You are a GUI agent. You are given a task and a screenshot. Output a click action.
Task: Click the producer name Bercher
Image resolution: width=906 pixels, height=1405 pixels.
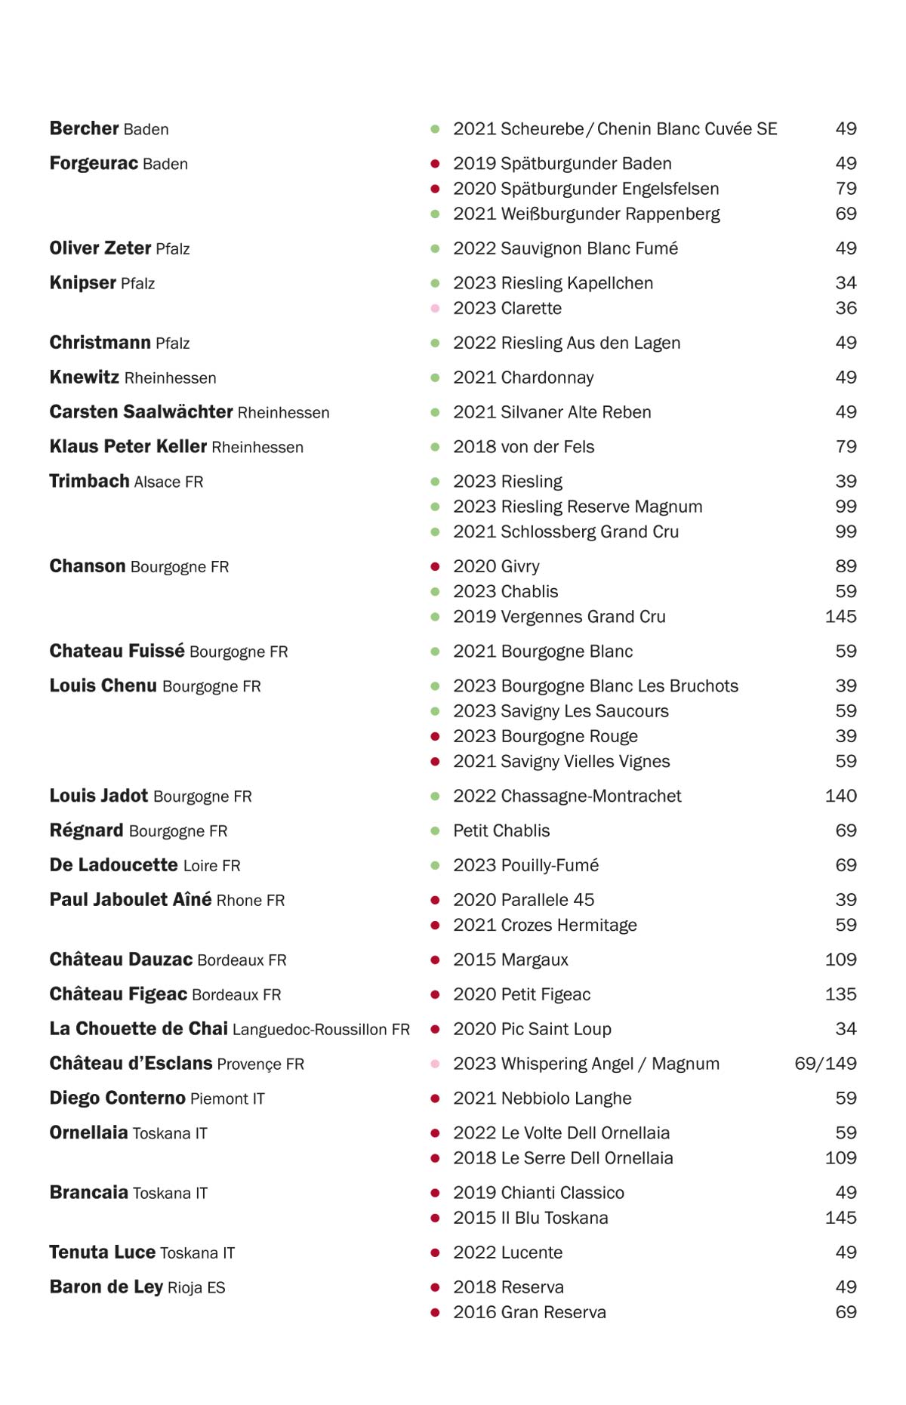pyautogui.click(x=84, y=129)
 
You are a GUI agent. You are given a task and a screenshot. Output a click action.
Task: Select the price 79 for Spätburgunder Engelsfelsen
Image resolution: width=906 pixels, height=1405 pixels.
pyautogui.click(x=846, y=189)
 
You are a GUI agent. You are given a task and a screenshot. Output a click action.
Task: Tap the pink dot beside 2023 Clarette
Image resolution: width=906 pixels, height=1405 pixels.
pyautogui.click(x=435, y=309)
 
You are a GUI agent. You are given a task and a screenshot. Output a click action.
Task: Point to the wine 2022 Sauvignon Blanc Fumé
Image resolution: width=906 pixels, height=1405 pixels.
pyautogui.click(x=565, y=248)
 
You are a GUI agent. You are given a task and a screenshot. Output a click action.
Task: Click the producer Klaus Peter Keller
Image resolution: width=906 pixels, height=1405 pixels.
pyautogui.click(x=128, y=447)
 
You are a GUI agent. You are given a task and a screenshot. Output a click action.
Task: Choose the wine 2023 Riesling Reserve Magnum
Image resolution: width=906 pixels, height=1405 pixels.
pyautogui.click(x=577, y=507)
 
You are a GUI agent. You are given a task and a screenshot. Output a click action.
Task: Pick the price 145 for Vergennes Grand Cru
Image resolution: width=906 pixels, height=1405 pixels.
pyautogui.click(x=840, y=617)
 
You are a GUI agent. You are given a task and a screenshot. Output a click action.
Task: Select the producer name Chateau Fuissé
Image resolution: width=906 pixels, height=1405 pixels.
pyautogui.click(x=117, y=652)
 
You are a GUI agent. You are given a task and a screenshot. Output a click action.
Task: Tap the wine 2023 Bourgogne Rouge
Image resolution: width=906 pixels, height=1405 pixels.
pyautogui.click(x=545, y=736)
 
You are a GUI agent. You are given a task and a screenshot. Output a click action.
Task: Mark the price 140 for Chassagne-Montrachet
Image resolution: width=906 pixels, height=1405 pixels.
pyautogui.click(x=840, y=796)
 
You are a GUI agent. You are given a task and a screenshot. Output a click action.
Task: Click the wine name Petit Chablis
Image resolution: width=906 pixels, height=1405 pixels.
pyautogui.click(x=501, y=830)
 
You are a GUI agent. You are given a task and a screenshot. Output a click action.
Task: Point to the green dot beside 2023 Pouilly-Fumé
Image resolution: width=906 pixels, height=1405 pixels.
pyautogui.click(x=435, y=866)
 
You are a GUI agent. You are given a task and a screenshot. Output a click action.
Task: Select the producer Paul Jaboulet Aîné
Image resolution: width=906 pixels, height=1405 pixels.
pyautogui.click(x=131, y=900)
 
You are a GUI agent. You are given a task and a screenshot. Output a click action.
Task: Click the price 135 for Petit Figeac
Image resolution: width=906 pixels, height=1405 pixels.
pyautogui.click(x=840, y=994)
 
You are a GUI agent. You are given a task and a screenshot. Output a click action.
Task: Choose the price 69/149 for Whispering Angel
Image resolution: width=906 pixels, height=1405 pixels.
pyautogui.click(x=825, y=1064)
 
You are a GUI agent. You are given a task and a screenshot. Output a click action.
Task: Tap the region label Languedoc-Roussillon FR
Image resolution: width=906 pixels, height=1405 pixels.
pyautogui.click(x=321, y=1030)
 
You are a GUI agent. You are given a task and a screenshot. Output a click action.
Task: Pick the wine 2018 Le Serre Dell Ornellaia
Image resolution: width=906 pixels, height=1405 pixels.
pyautogui.click(x=562, y=1158)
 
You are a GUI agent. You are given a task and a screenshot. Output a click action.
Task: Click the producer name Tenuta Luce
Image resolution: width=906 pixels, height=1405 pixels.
pyautogui.click(x=102, y=1252)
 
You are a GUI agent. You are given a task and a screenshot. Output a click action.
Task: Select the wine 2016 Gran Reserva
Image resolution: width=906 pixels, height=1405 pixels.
pyautogui.click(x=529, y=1312)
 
